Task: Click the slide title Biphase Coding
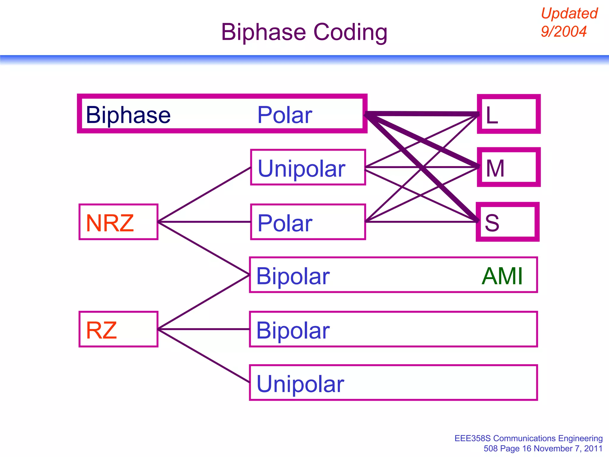coord(304,32)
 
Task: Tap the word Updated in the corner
coord(569,14)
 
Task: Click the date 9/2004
coord(564,32)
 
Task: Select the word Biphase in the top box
coord(128,115)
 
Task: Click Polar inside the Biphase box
coord(285,115)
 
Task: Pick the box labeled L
coord(508,114)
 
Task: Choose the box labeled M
coord(508,168)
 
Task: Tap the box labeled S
coord(507,222)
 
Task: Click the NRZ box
coord(118,222)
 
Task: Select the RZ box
coord(118,329)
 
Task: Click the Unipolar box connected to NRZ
coord(308,168)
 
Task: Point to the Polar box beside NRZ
coord(308,222)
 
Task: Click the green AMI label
coord(502,276)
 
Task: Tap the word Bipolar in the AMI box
coord(293,276)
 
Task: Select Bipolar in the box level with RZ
coord(293,330)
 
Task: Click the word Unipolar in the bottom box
coord(300,384)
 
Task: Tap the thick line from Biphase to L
coord(422,114)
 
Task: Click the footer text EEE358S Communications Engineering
coord(528,438)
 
